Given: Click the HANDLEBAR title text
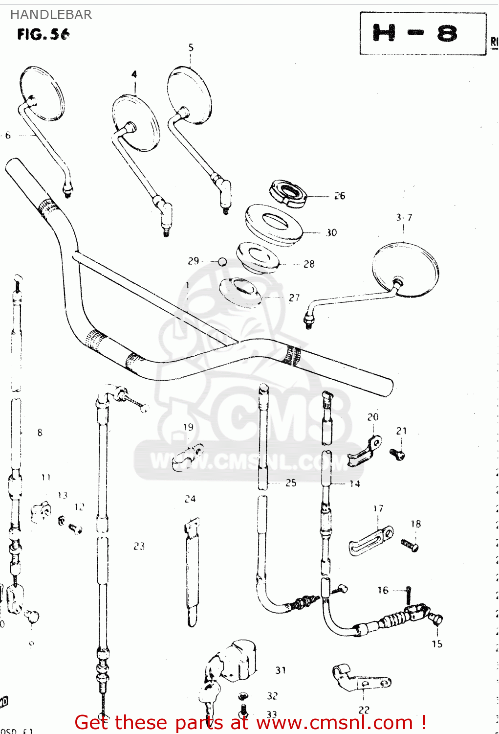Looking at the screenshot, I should click(51, 15).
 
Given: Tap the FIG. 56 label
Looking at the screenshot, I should click(43, 34).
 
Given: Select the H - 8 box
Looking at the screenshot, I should click(423, 33).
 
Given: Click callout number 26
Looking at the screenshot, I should click(340, 196).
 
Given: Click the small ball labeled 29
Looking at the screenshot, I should click(222, 262).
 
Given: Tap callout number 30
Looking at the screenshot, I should click(331, 232).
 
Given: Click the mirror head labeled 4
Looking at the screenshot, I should click(136, 122).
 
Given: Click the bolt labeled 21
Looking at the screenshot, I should click(398, 455).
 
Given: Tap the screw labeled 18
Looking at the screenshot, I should click(410, 545).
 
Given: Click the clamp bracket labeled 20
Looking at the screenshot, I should click(365, 452).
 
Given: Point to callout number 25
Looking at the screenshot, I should click(291, 483).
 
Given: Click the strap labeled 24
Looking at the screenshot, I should click(193, 570).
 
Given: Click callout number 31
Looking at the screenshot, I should click(280, 670).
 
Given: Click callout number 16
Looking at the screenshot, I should click(383, 590).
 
